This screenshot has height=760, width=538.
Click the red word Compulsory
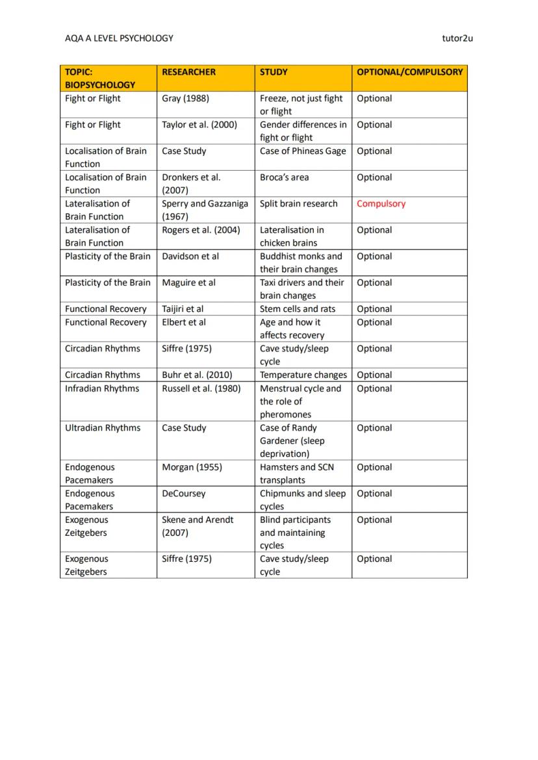point(381,204)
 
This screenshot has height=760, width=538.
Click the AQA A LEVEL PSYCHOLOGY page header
point(119,38)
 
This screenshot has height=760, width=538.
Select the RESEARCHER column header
point(188,72)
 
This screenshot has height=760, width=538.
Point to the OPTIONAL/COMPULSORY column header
point(409,72)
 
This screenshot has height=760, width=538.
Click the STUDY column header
point(274,72)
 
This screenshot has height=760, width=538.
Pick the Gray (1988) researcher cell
point(185,99)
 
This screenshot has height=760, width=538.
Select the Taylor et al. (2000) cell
point(199,125)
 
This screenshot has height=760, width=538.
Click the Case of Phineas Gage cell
point(303,151)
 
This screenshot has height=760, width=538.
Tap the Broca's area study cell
point(284,177)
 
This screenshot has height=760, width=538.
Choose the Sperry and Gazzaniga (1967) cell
point(205,210)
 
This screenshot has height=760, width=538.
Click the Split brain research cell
point(298,204)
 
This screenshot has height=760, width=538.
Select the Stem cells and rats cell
point(298,309)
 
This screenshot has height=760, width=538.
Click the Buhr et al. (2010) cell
point(197,375)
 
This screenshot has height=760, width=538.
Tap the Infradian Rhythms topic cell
point(101,388)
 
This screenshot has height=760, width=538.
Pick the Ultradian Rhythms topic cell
point(102,428)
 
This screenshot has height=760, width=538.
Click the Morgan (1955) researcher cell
point(192,467)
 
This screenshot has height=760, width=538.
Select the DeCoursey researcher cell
point(183,494)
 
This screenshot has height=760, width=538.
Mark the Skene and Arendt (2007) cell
point(198,526)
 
